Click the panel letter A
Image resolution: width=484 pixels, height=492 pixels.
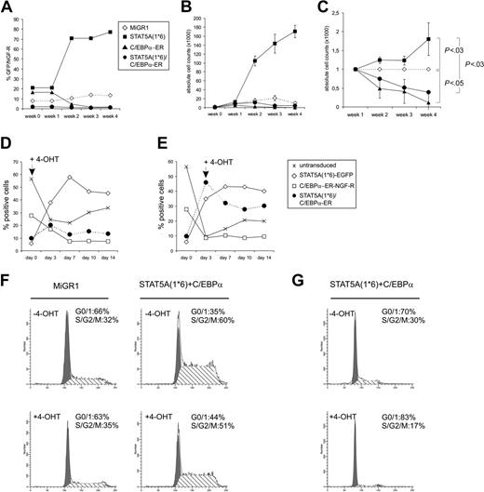coord(7,7)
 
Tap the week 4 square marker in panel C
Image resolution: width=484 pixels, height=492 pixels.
coord(429,40)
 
